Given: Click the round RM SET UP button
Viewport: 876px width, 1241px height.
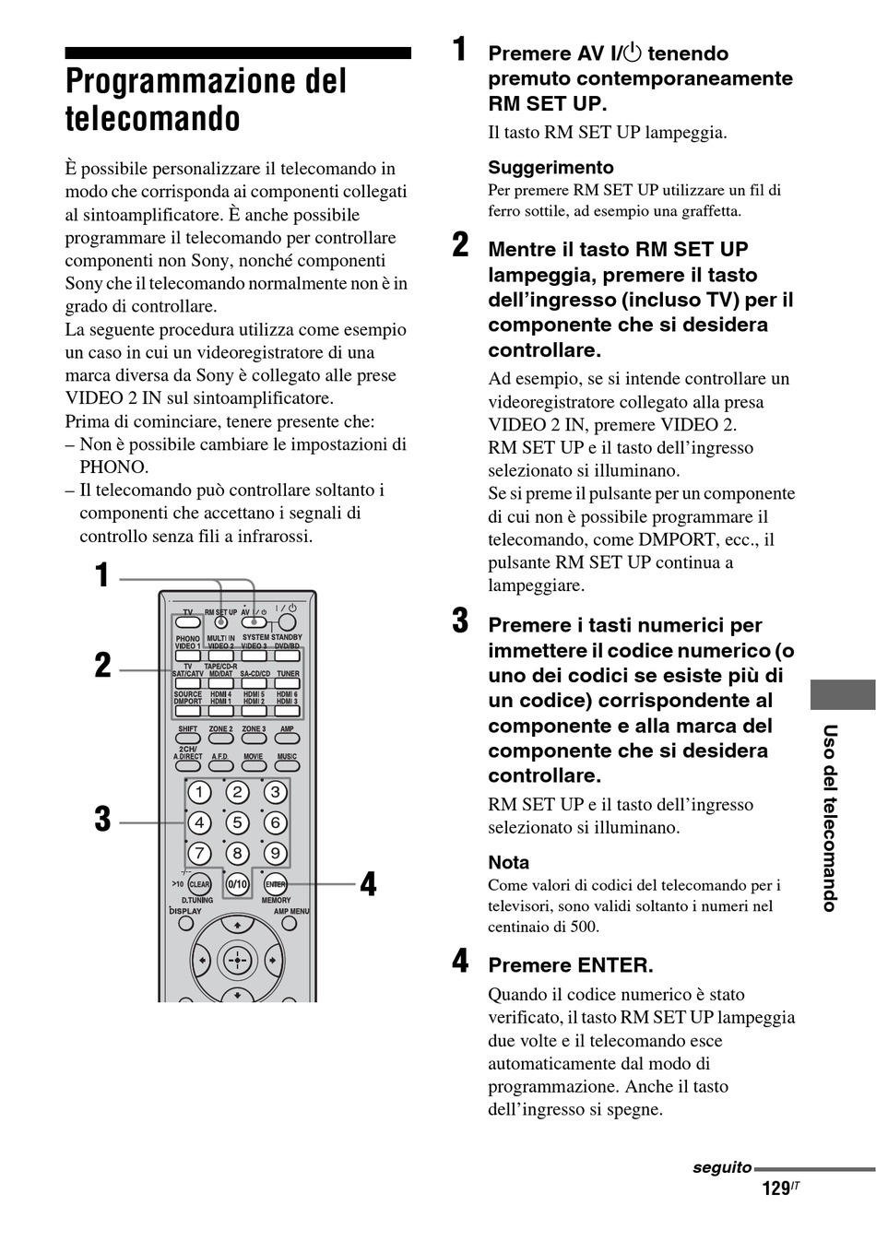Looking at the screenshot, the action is pyautogui.click(x=221, y=622).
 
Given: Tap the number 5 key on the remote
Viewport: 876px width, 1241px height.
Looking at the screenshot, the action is pyautogui.click(x=237, y=822).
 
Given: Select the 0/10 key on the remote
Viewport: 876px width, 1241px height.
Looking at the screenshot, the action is pyautogui.click(x=237, y=884).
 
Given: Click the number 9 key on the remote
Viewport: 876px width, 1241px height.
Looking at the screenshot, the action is pyautogui.click(x=275, y=853).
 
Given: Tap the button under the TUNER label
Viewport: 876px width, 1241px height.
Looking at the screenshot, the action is pyautogui.click(x=288, y=684).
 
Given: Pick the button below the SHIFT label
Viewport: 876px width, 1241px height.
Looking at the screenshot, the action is pyautogui.click(x=188, y=739).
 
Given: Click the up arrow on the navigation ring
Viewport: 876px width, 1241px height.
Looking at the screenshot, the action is pyautogui.click(x=237, y=924).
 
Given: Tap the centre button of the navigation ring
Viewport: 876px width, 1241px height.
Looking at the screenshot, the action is pyautogui.click(x=237, y=960).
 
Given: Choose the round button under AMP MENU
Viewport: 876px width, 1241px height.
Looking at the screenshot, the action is pyautogui.click(x=289, y=923).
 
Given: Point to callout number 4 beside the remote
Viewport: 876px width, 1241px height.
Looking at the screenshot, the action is pyautogui.click(x=368, y=884).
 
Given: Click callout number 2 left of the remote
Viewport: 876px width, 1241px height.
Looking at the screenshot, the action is pyautogui.click(x=102, y=666).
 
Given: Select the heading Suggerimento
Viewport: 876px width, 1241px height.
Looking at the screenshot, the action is pyautogui.click(x=550, y=167).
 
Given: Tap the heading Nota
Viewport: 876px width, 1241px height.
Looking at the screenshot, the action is pyautogui.click(x=509, y=863).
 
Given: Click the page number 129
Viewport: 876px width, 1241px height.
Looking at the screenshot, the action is pyautogui.click(x=775, y=1188).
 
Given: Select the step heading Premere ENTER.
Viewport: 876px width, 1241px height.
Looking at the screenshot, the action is pyautogui.click(x=571, y=965).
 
